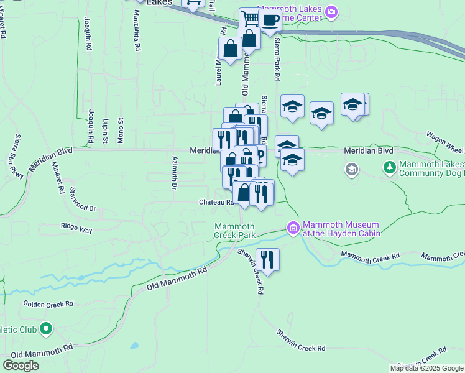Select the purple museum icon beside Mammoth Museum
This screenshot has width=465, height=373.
[292, 229]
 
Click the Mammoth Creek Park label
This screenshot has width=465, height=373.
[235, 231]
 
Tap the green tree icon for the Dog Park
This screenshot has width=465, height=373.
[390, 167]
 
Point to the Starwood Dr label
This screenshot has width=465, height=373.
[83, 199]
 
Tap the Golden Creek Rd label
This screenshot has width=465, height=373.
[48, 304]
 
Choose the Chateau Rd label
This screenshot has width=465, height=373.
[216, 202]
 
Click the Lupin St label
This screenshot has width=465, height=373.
[106, 131]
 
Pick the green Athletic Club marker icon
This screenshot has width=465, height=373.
[45, 328]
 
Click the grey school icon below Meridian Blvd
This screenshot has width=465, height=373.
[352, 169]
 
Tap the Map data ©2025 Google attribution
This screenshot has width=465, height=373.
[426, 368]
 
